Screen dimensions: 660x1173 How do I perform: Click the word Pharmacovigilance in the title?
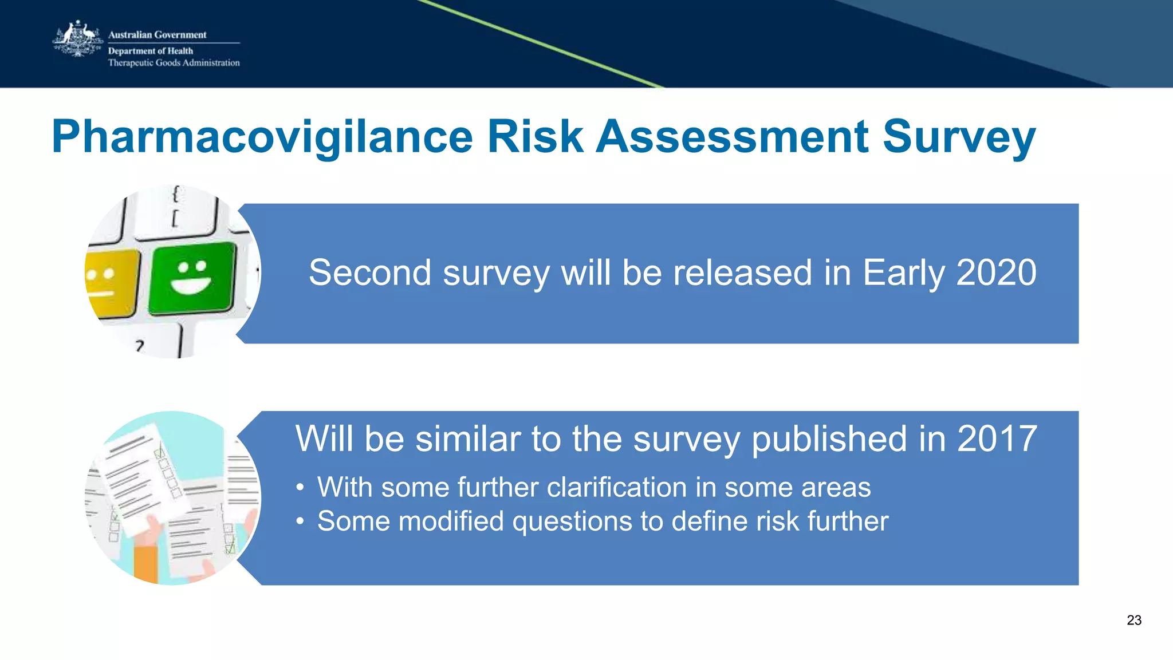tap(262, 137)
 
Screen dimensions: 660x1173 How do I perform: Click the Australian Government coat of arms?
tap(77, 39)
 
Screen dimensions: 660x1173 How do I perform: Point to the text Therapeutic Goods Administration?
tap(174, 63)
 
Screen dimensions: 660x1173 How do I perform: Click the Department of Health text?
tap(150, 51)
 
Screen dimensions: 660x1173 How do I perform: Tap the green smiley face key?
tap(192, 277)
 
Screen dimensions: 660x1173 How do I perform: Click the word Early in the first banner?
tap(903, 274)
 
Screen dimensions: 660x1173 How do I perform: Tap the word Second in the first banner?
tap(369, 272)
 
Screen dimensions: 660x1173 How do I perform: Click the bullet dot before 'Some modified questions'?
tap(300, 522)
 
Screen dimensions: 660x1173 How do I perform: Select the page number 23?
tap(1133, 620)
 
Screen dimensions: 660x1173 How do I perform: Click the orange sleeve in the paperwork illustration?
tap(145, 564)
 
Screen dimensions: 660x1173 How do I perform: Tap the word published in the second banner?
tap(829, 440)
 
